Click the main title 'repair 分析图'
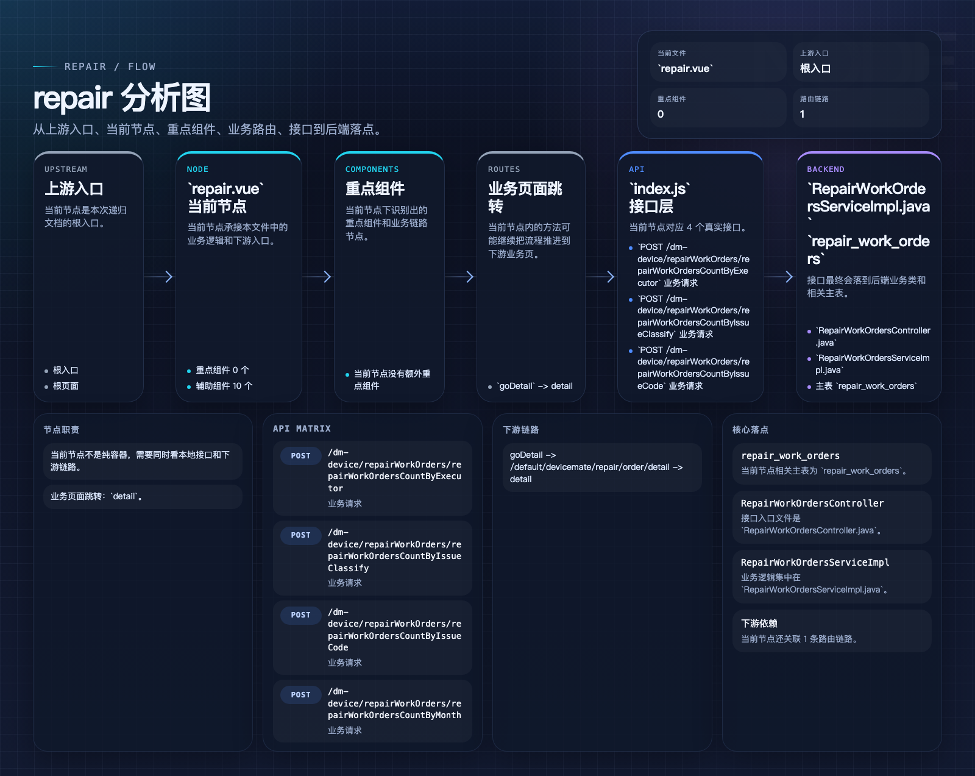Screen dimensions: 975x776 pos(122,98)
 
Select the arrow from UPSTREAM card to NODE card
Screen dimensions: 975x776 pos(158,277)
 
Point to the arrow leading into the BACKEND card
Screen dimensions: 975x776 pos(779,277)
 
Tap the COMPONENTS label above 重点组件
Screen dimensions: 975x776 pos(372,169)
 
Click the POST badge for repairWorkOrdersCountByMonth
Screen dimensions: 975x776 pos(301,694)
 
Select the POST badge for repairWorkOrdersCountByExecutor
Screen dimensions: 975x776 pos(301,455)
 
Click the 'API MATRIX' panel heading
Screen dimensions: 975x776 pos(302,429)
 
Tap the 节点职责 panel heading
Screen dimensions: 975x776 pos(61,430)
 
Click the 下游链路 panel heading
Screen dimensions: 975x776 pos(520,430)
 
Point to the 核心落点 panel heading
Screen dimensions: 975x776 pos(750,430)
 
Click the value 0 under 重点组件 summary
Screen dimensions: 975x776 pos(661,114)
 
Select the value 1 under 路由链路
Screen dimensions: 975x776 pos(803,114)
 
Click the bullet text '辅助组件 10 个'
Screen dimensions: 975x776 pos(224,386)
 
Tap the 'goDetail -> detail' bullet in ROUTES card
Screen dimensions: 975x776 pos(535,386)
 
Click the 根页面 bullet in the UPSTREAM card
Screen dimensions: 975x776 pos(66,386)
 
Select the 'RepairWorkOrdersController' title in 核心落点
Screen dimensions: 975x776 pos(812,503)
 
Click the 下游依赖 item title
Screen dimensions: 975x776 pos(759,623)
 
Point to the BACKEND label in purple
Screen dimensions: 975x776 pos(826,169)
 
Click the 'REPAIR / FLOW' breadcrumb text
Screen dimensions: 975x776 pos(110,66)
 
